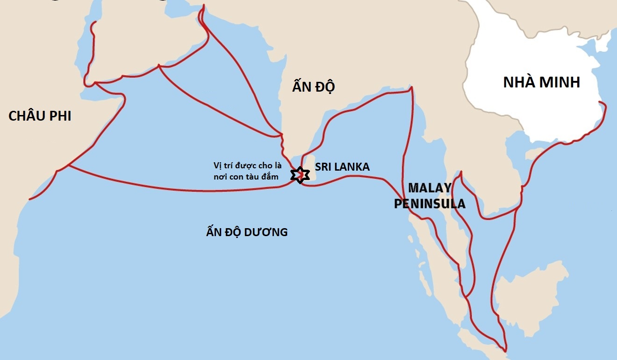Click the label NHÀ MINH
[x=541, y=82]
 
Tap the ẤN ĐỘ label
[x=314, y=87]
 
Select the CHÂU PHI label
[x=40, y=116]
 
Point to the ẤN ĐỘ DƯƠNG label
[x=246, y=231]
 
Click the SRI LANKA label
[x=342, y=166]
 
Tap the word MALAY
[x=430, y=188]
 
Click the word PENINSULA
[x=430, y=204]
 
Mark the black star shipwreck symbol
[x=300, y=175]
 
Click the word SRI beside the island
[x=323, y=166]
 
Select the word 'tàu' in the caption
[x=256, y=177]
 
